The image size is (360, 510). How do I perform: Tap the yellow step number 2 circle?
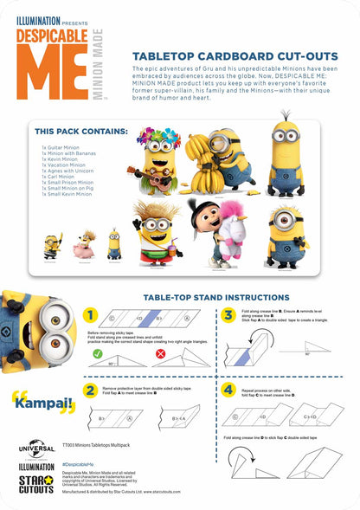pos(90,391)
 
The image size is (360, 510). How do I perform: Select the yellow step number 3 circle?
pos(228,315)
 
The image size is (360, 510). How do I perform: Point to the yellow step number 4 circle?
pos(228,391)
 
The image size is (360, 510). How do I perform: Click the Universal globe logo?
pos(36,449)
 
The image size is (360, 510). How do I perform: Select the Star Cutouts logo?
pos(36,484)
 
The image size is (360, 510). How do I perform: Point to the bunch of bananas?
pos(206,171)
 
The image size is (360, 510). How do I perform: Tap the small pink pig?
pos(87,246)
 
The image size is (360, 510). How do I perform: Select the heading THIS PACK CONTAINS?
pos(81,132)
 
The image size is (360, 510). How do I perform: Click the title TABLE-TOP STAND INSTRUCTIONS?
pos(216,297)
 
